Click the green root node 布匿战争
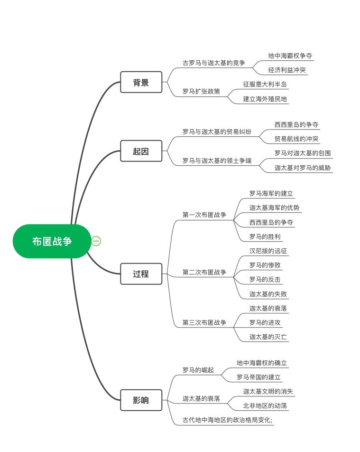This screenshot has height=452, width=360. pyautogui.click(x=52, y=241)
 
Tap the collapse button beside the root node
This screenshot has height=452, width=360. pyautogui.click(x=96, y=241)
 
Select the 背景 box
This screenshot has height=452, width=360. pyautogui.click(x=141, y=82)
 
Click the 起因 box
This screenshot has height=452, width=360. pyautogui.click(x=141, y=151)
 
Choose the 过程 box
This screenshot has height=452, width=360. pyautogui.click(x=141, y=274)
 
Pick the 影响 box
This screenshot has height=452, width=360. pyautogui.click(x=141, y=400)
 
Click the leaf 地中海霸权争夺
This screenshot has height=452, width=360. pyautogui.click(x=290, y=56)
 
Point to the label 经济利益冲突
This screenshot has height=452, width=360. pyautogui.click(x=287, y=70)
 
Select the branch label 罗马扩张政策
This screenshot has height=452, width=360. pyautogui.click(x=201, y=91)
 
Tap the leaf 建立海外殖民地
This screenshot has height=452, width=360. pyautogui.click(x=265, y=99)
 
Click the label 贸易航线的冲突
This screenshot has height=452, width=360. pyautogui.click(x=296, y=139)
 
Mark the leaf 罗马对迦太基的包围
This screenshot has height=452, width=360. pyautogui.click(x=303, y=153)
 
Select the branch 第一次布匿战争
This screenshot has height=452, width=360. pyautogui.click(x=204, y=215)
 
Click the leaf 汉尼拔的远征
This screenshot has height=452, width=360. pyautogui.click(x=268, y=251)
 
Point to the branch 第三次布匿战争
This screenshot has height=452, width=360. pyautogui.click(x=204, y=322)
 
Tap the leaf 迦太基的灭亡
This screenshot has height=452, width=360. pyautogui.click(x=268, y=337)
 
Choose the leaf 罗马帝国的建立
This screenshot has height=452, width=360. pyautogui.click(x=258, y=377)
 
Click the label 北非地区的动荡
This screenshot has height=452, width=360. pyautogui.click(x=265, y=405)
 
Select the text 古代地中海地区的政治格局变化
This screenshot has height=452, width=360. pyautogui.click(x=226, y=420)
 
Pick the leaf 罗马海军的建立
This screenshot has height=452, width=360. pyautogui.click(x=271, y=193)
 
